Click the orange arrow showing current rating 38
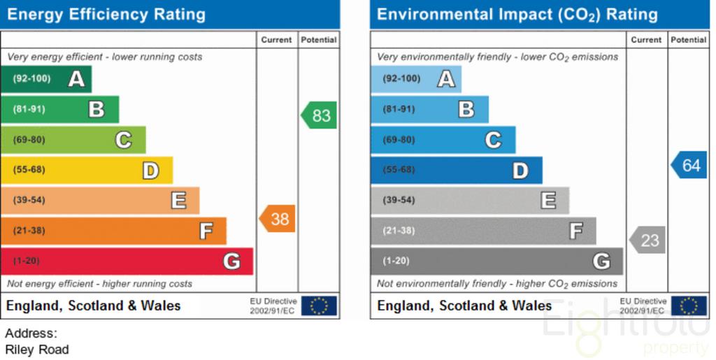277,219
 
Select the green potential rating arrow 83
319,115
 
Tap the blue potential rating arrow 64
689,165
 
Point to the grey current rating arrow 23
647,240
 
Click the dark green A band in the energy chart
46,79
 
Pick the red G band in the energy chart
127,261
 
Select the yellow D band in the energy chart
87,170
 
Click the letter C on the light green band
123,140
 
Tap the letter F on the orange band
206,231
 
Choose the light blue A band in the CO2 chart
416,79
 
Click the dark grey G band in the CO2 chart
497,261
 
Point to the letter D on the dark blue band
520,171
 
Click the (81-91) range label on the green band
29,110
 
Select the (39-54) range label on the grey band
399,201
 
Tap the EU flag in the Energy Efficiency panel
319,305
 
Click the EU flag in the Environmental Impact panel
689,305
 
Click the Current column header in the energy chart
276,40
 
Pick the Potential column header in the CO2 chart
689,40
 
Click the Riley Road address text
37,350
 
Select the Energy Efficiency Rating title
106,15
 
